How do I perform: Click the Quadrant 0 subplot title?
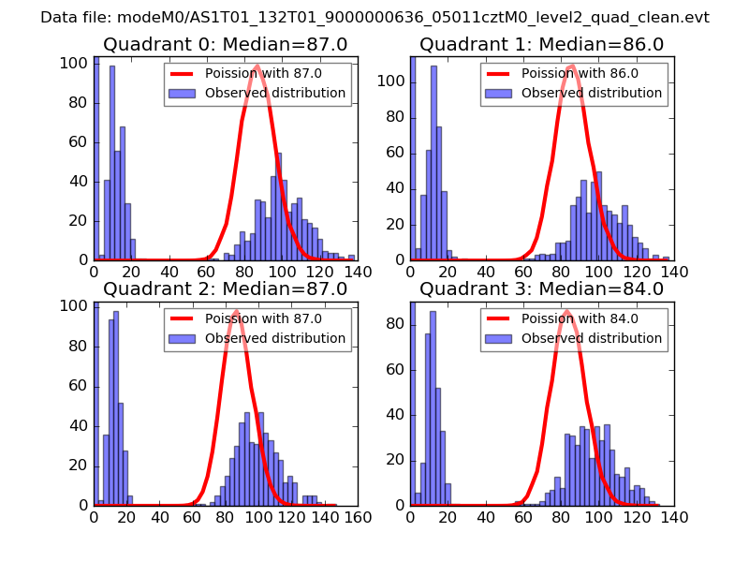click(225, 44)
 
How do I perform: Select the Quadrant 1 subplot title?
click(541, 44)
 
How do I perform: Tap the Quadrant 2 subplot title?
click(225, 288)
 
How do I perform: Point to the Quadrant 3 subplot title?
click(541, 288)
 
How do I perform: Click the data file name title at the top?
click(374, 18)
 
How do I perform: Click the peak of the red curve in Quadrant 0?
click(257, 66)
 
